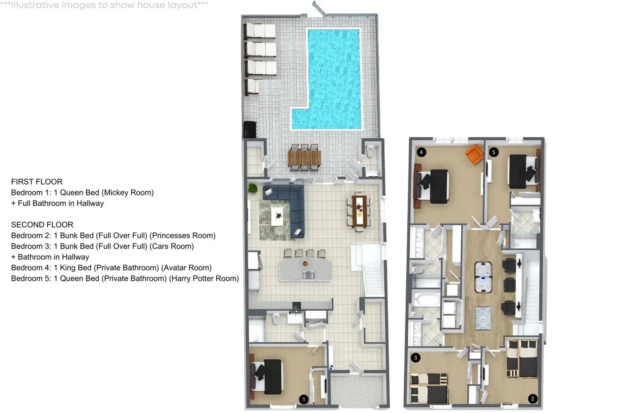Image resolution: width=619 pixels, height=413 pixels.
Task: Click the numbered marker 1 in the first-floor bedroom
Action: tap(304, 399)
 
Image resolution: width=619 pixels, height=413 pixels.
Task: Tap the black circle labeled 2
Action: tap(532, 398)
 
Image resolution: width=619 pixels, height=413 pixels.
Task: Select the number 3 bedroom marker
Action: tap(416, 358)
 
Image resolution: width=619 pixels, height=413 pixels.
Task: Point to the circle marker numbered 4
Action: tap(421, 152)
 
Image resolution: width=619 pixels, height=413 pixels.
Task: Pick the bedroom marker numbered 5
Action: tap(494, 152)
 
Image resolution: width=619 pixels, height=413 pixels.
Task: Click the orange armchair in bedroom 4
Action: tap(474, 154)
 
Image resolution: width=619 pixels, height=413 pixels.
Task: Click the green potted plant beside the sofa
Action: tap(252, 188)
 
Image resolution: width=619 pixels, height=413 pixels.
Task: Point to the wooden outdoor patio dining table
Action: tap(304, 158)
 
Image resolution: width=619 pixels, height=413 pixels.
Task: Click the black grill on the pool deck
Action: tap(250, 129)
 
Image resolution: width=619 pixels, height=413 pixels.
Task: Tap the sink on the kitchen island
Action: tap(308, 275)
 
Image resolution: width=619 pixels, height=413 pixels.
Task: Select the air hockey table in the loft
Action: tap(483, 277)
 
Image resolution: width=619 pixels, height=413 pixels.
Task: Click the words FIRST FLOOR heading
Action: tap(37, 182)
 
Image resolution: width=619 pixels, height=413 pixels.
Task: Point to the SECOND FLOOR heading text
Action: tap(42, 224)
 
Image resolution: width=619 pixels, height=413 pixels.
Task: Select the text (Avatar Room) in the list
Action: tap(187, 267)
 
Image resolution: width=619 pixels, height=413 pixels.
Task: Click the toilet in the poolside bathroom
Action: tap(370, 151)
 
